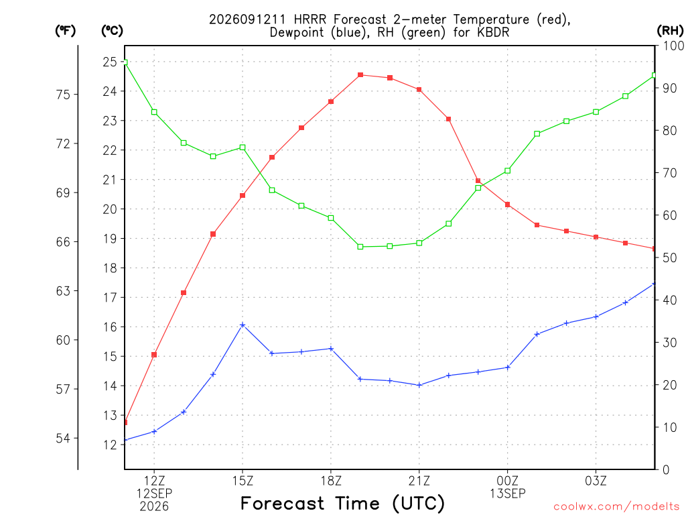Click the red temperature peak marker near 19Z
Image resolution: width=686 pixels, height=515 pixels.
[360, 75]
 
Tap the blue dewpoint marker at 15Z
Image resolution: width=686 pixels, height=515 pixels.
[243, 325]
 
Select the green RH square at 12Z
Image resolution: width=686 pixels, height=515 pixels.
[154, 112]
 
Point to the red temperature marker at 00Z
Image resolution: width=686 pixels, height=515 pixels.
[508, 205]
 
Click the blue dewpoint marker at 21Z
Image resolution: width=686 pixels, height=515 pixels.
[419, 386]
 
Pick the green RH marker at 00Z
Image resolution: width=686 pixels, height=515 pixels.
[508, 171]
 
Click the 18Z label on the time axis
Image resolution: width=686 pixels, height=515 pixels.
[331, 481]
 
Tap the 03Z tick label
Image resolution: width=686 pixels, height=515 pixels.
[596, 481]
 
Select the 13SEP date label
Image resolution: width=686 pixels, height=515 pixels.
[508, 494]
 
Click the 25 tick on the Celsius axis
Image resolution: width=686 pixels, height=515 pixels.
[110, 62]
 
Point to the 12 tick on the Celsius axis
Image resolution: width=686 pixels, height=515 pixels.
[110, 445]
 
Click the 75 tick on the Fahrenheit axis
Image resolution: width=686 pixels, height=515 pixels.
[63, 95]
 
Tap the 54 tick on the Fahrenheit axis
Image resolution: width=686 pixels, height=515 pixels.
[63, 439]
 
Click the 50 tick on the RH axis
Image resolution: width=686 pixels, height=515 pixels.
[669, 258]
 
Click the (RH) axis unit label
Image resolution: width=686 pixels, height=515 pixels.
[670, 30]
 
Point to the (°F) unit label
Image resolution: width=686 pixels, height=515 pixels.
[65, 31]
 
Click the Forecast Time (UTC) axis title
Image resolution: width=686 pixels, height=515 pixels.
[342, 504]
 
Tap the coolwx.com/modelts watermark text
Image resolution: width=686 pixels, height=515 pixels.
[616, 507]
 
